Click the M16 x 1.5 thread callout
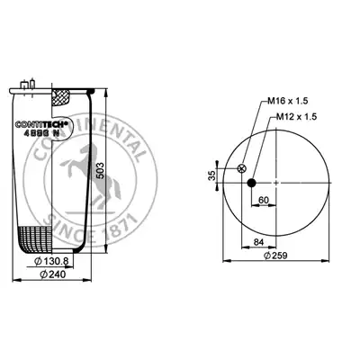tap(288, 101)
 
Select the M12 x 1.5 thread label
tap(296, 117)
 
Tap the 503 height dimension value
tap(100, 171)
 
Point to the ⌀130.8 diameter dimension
tap(51, 261)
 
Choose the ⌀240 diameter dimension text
tap(53, 274)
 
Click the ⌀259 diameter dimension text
tap(275, 256)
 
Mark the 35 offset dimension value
tap(212, 175)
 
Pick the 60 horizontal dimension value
tap(264, 200)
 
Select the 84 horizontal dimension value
tap(258, 242)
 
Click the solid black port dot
tap(251, 183)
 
